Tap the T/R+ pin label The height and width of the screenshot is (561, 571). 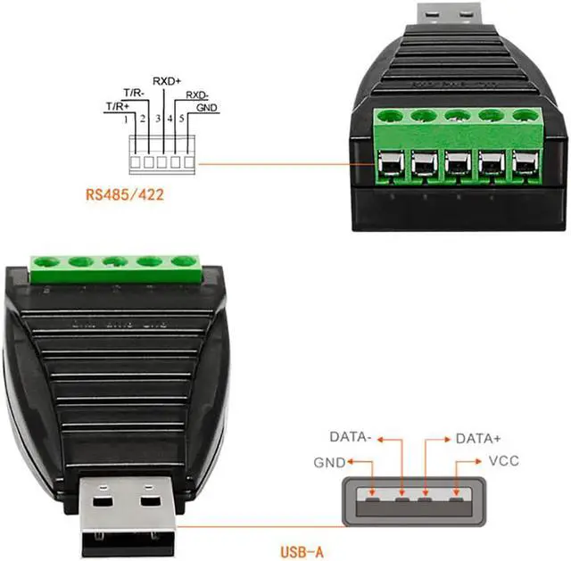117,106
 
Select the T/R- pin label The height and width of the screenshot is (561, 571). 135,92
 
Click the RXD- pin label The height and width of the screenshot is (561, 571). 197,94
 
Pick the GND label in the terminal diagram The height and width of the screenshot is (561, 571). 206,107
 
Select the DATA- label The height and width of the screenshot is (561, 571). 350,438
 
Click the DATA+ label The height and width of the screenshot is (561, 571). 478,438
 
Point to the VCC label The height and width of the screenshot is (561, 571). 504,461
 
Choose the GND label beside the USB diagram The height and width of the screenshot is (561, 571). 328,463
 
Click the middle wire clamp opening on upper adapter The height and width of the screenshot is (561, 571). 456,165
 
